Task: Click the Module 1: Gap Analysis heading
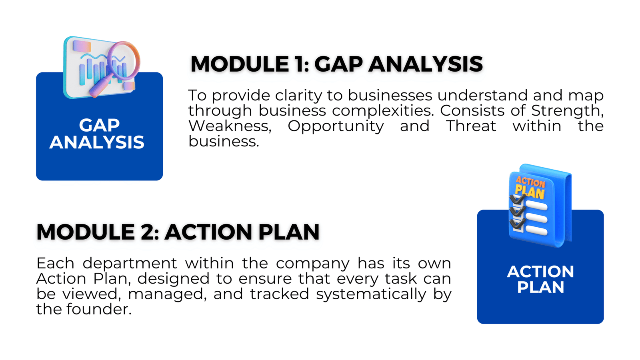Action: click(x=336, y=64)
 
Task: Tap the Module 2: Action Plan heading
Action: click(x=178, y=232)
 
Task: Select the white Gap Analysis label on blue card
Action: click(x=97, y=134)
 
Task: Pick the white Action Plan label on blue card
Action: click(x=540, y=279)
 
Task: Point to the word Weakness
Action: click(x=230, y=126)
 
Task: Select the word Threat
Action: click(x=471, y=126)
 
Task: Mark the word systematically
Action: click(x=371, y=294)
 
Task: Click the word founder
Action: click(x=99, y=309)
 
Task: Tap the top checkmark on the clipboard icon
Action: click(x=517, y=199)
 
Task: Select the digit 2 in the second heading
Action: click(x=148, y=232)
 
